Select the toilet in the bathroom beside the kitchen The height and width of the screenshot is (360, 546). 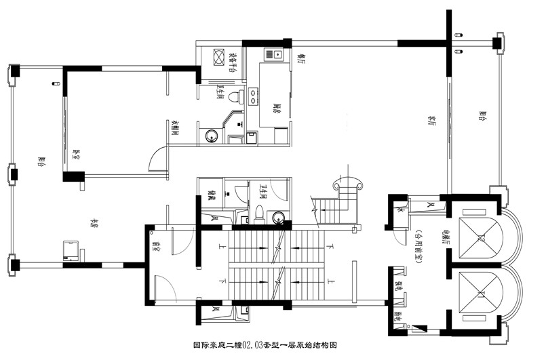235,96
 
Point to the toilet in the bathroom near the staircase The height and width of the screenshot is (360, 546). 260,212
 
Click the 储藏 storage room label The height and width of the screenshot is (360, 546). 212,197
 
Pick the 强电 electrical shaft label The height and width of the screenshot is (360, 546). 399,288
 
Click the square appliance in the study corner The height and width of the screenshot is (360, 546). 71,249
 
